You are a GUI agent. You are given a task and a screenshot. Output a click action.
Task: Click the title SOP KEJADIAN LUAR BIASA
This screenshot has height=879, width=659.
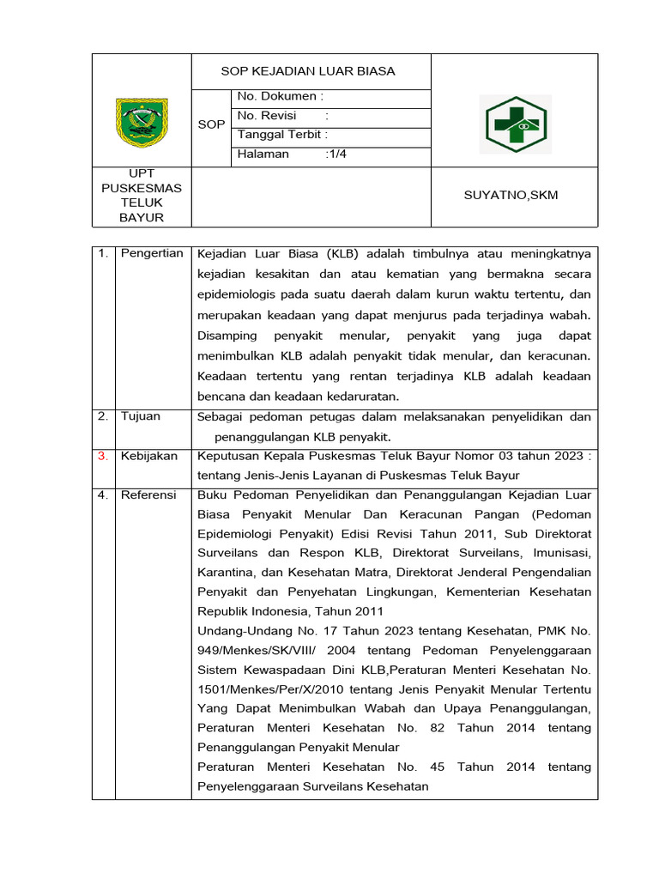coord(308,71)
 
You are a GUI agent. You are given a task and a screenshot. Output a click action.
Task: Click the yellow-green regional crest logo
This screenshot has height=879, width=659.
coord(142,123)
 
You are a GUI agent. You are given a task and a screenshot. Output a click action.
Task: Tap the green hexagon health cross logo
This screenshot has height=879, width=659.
coord(514,124)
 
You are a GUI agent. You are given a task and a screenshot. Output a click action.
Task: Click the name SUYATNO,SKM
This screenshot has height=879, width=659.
coord(510,196)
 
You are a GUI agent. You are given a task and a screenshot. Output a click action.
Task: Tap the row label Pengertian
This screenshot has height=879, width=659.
coord(151,253)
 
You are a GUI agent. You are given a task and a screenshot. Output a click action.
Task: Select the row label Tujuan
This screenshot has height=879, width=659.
coord(140,416)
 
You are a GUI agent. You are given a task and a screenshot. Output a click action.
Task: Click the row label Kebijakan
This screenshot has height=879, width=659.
coord(148,456)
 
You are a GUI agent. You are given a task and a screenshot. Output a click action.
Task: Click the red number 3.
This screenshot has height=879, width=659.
coord(102,456)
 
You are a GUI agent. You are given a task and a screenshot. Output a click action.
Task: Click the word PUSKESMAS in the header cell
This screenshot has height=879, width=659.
coord(141,188)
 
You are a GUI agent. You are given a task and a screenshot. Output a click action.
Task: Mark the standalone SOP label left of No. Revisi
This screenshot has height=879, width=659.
coord(211,124)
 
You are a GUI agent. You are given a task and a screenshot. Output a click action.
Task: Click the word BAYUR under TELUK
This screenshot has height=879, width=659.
coord(141,217)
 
